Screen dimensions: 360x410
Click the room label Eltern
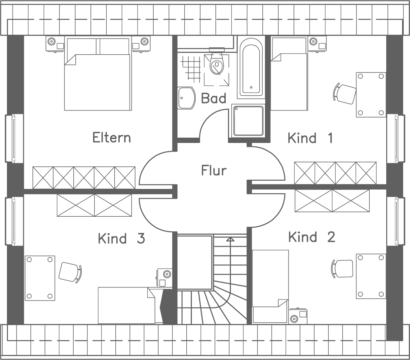coord(111,138)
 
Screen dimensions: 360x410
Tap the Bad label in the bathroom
coord(214,99)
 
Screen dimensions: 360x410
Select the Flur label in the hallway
coord(214,171)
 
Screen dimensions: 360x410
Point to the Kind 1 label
coord(310,138)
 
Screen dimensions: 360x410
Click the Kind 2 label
coord(312,237)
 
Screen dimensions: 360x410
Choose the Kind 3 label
coord(121,238)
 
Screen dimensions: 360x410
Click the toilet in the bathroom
coord(217,63)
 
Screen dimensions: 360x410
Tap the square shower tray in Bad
coord(248,121)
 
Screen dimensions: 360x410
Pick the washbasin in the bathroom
coord(186,98)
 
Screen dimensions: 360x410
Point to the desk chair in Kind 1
coord(345,94)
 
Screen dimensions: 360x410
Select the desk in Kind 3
coord(40,278)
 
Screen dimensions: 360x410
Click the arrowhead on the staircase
coord(230,239)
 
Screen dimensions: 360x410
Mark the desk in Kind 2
coord(371,276)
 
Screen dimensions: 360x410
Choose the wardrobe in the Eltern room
coord(84,178)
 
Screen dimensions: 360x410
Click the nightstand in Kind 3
coord(164,278)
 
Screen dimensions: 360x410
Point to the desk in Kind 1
coord(371,95)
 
